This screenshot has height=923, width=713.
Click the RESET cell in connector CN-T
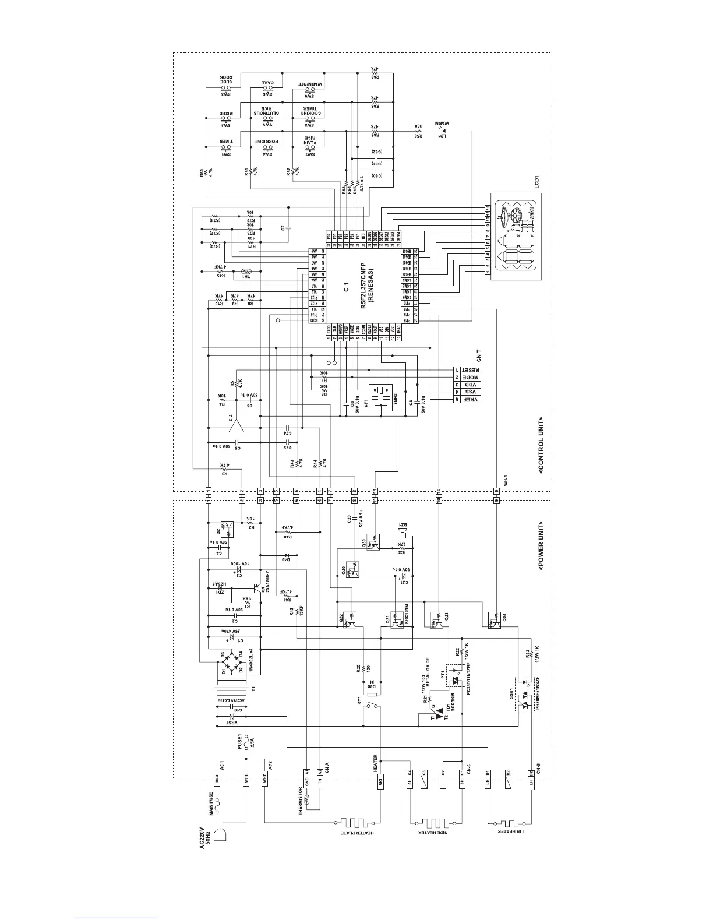[x=470, y=370]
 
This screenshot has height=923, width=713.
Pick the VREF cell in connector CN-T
[x=470, y=400]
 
